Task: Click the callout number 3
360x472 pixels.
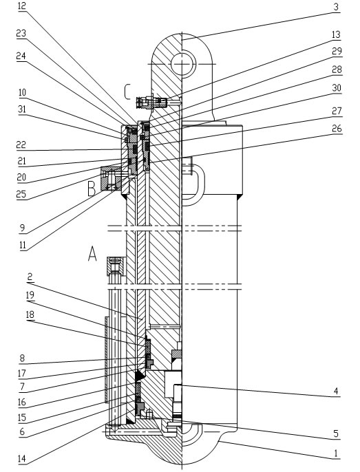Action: click(337, 7)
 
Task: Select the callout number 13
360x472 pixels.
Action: click(336, 34)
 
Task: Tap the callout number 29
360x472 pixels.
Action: click(337, 51)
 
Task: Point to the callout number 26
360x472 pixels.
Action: click(337, 129)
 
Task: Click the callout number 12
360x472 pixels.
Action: click(22, 6)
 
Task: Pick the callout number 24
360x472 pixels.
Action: click(21, 56)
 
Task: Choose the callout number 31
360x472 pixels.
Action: click(22, 109)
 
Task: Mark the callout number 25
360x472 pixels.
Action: click(21, 194)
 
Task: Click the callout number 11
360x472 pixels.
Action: click(23, 246)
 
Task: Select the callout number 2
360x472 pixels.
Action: click(30, 277)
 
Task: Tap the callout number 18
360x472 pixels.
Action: click(30, 315)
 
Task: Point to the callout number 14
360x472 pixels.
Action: click(22, 460)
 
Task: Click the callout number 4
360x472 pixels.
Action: click(336, 391)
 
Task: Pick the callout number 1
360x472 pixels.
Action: click(336, 453)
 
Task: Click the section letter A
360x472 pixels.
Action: click(92, 253)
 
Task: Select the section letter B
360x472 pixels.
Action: click(92, 189)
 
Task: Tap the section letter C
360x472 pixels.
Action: click(127, 92)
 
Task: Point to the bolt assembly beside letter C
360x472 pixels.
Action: click(151, 103)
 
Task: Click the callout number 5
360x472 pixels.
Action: click(336, 433)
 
